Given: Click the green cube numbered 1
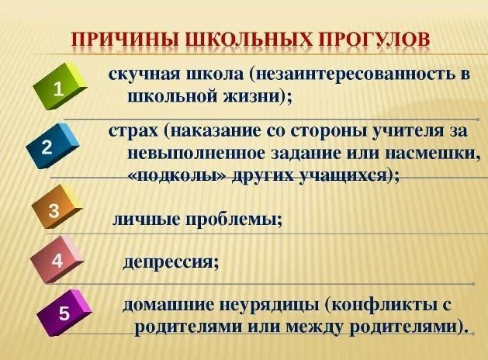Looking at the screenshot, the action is [x=60, y=86].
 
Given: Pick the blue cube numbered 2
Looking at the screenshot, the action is [x=52, y=146].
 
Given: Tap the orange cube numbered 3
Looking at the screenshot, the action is [x=56, y=207].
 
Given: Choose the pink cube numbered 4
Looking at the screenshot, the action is [x=57, y=259].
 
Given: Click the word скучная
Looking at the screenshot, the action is [x=144, y=75].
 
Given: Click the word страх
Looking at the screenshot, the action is [x=133, y=131].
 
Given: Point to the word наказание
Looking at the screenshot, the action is [x=216, y=131].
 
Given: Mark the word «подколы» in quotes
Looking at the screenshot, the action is [x=177, y=176].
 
